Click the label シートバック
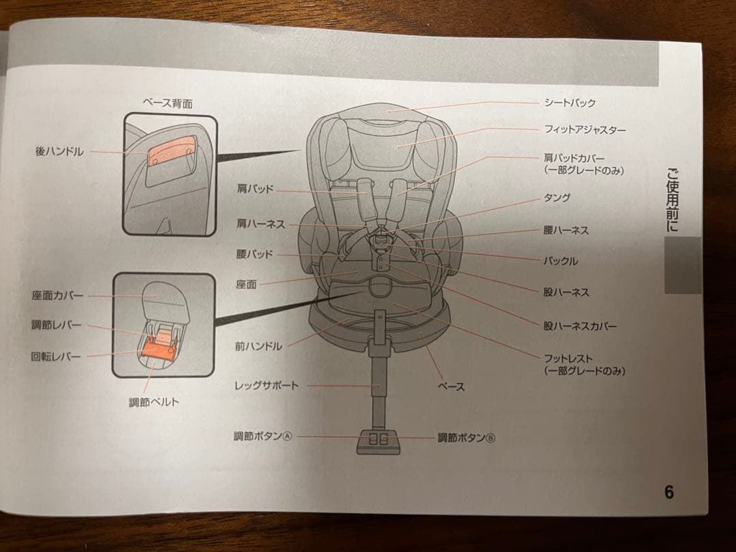point(570,103)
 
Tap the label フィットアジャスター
point(585,129)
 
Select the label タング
point(557,198)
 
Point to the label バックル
point(560,261)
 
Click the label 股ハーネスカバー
point(580,326)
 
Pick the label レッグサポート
point(266,386)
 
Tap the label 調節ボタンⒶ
point(262,437)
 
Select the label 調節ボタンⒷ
point(466,438)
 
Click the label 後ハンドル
point(59,151)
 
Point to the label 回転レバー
point(56,356)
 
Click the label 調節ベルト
point(154,402)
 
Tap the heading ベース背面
point(167,104)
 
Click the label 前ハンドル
point(258,346)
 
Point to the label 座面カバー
point(57,296)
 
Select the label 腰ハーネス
point(566,230)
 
